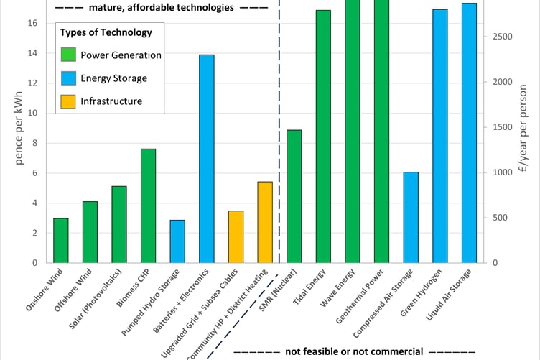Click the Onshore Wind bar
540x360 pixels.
[61, 240]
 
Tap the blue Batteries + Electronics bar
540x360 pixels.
[207, 159]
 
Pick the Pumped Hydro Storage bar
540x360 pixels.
[177, 241]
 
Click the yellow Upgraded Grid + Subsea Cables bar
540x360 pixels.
[236, 236]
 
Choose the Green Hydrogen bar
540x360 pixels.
[440, 136]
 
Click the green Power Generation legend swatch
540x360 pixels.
[69, 55]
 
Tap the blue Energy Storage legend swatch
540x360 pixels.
[69, 78]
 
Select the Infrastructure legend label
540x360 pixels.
[111, 101]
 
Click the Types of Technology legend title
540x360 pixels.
[106, 32]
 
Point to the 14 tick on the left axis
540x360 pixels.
[33, 53]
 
